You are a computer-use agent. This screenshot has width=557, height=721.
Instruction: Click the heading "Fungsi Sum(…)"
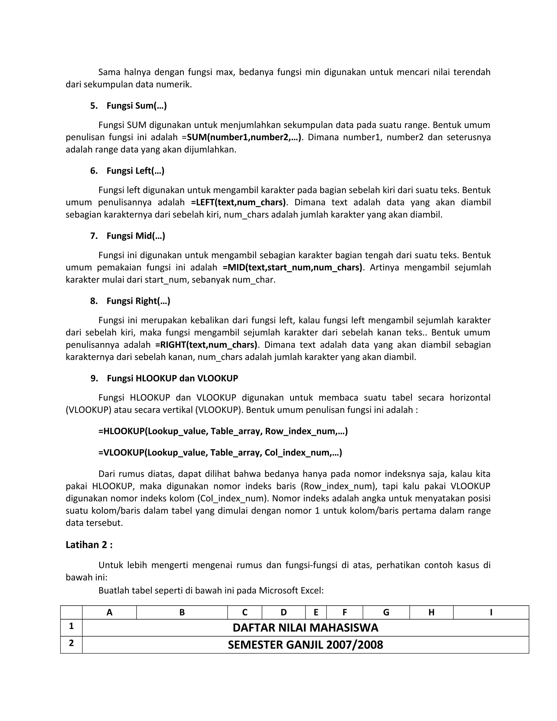pos(136,106)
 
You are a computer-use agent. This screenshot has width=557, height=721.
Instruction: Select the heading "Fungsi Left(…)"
pos(135,171)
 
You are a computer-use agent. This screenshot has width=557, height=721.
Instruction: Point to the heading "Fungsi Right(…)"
pos(138,301)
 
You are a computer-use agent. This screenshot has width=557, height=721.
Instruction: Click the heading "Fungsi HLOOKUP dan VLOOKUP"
pos(172,378)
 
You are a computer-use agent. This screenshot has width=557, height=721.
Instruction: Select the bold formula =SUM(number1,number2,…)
pos(244,137)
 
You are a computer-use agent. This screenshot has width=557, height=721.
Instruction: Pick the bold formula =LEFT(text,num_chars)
pos(238,202)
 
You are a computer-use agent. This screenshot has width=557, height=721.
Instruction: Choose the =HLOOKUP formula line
pos(223,432)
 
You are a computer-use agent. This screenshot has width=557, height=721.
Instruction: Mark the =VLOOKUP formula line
pos(220,453)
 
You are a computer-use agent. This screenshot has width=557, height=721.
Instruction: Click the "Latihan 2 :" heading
pos(89,545)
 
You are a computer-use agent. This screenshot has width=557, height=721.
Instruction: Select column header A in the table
pos(109,613)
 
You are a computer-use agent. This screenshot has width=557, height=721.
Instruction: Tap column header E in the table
pos(316,613)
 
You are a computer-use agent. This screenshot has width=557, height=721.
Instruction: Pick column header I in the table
pos(491,613)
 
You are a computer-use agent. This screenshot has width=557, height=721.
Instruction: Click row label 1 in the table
pos(71,626)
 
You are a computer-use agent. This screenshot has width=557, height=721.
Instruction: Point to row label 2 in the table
pos(71,643)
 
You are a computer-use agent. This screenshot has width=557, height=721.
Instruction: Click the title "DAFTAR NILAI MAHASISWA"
pos(305,628)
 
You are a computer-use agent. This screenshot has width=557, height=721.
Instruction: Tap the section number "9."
pos(94,378)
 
